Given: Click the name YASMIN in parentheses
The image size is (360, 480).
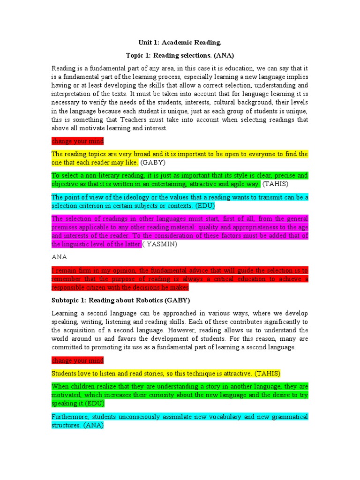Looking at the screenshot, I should click(165, 244).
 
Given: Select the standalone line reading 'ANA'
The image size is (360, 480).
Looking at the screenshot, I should click(59, 257).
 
